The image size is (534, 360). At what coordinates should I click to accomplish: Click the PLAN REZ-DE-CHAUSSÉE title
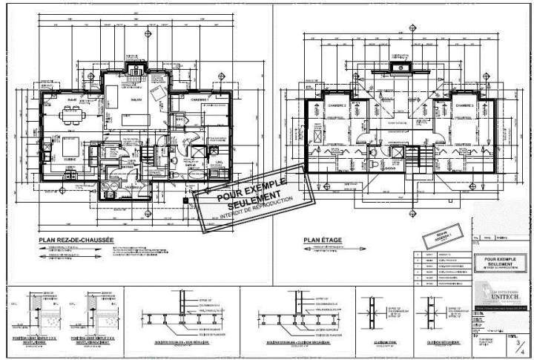click(x=76, y=240)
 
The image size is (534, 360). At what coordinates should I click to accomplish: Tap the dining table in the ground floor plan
click(x=73, y=114)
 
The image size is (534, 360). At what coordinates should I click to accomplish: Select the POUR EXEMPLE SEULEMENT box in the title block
click(x=501, y=261)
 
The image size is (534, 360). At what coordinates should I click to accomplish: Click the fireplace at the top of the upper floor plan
click(x=405, y=68)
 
